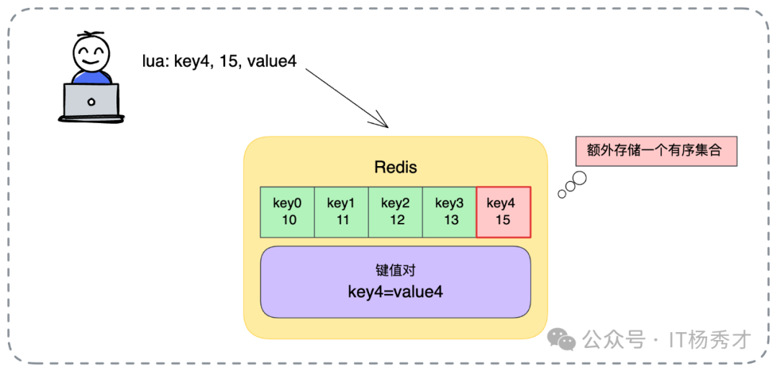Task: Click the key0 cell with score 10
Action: tap(288, 211)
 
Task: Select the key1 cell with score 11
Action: tap(342, 211)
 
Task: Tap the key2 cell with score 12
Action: tap(396, 211)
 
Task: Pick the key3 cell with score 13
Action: tap(450, 211)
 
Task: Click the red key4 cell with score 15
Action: tap(504, 211)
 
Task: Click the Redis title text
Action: tap(395, 168)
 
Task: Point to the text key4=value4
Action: tap(395, 292)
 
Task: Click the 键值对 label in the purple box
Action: tap(395, 270)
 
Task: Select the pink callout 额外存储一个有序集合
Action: tap(656, 151)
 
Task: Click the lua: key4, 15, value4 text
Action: tap(219, 60)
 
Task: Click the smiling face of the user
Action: tap(92, 55)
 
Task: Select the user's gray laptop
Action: tap(91, 101)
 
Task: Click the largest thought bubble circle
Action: tap(578, 178)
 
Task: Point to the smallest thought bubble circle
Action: tap(561, 194)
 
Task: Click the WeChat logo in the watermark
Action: tap(561, 339)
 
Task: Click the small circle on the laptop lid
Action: tap(91, 101)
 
